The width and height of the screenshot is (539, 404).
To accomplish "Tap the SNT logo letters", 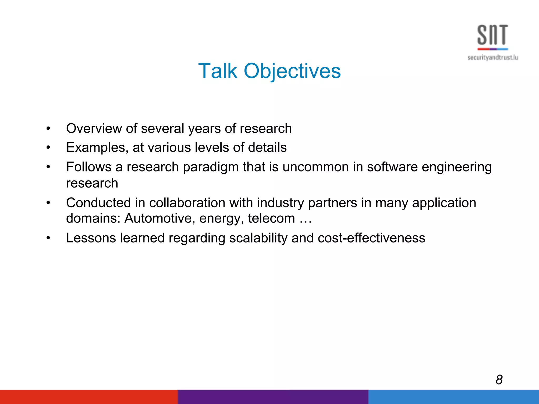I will click(492, 35).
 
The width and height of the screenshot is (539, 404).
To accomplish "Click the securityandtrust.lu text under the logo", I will click(493, 58).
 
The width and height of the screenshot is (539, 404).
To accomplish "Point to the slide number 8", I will click(499, 380).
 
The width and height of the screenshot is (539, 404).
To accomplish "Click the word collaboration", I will click(187, 203).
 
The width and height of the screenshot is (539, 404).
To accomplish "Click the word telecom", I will click(271, 218).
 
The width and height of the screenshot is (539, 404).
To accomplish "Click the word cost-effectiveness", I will click(371, 238).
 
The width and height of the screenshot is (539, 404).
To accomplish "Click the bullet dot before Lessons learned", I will click(48, 238).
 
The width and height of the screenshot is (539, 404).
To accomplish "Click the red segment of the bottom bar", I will click(89, 397).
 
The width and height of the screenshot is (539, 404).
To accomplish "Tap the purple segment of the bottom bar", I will click(273, 397).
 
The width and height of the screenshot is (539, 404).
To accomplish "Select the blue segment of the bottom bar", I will click(453, 397).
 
